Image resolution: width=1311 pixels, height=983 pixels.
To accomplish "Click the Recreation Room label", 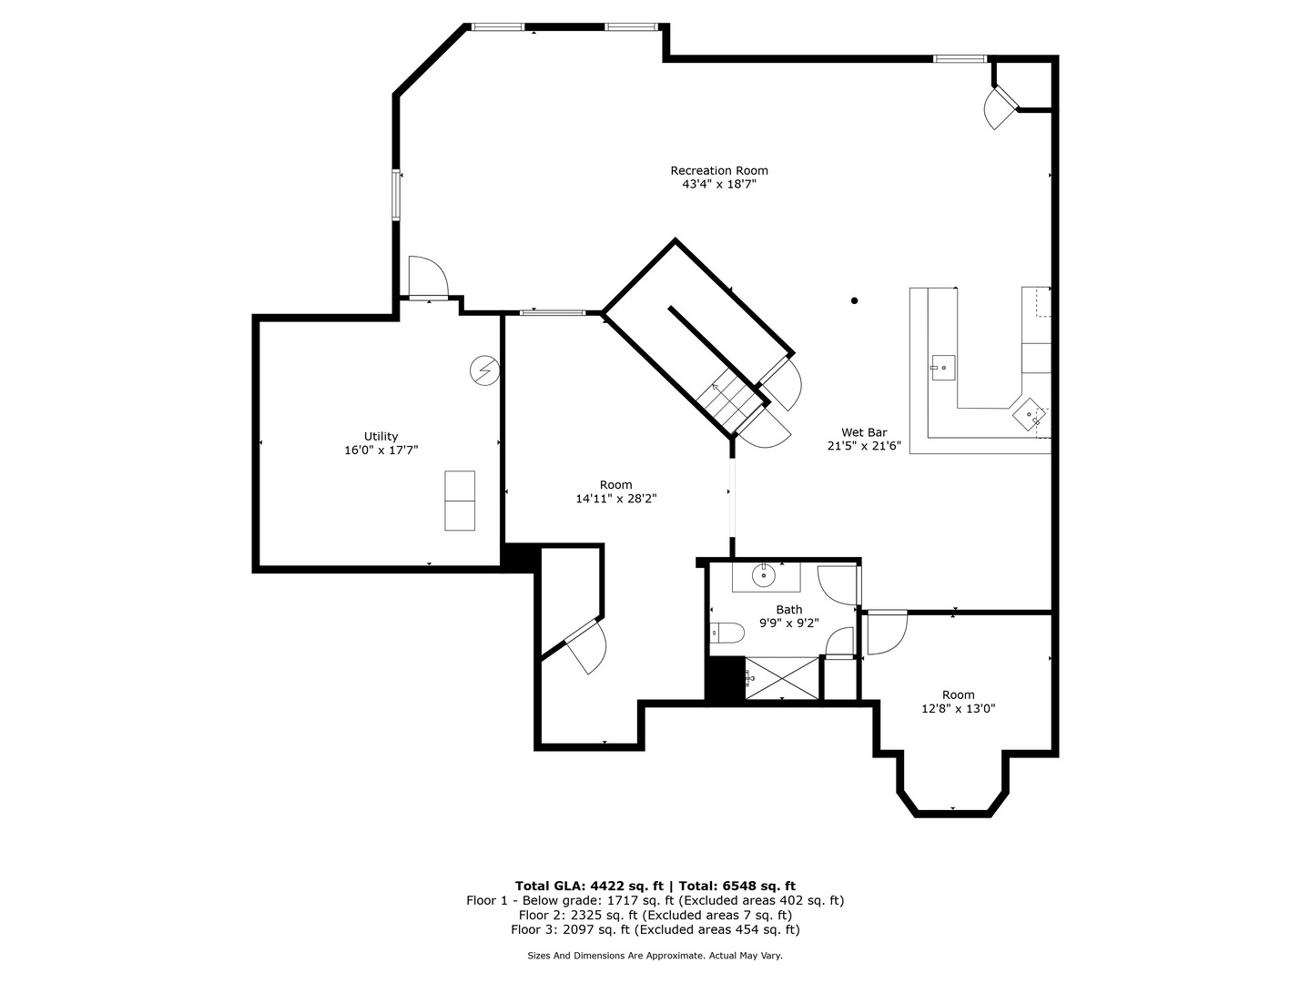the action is (719, 171).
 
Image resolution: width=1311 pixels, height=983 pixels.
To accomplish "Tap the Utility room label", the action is (381, 436).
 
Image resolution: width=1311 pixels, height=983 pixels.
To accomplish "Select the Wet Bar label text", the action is (864, 432).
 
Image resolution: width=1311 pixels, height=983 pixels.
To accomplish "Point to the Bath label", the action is (789, 610).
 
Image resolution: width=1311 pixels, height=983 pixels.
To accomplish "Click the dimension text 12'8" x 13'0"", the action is (959, 708).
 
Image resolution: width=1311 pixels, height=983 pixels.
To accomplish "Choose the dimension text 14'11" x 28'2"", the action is (615, 499).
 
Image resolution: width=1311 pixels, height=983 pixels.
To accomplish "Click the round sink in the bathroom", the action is (763, 576).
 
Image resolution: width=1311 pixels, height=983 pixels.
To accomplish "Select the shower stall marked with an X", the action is (782, 678).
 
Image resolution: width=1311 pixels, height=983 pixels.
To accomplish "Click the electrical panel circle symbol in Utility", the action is (484, 370).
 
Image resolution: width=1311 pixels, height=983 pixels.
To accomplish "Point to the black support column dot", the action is (854, 300).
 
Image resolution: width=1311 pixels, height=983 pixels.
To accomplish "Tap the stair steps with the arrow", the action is (733, 400).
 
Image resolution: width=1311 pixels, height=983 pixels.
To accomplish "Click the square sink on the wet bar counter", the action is (943, 368).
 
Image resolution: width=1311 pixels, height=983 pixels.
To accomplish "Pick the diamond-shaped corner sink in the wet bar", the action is (1029, 413).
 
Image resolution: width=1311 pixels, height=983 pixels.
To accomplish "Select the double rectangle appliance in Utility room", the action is (459, 501).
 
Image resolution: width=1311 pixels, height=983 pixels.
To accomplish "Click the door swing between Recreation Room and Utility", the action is (428, 276).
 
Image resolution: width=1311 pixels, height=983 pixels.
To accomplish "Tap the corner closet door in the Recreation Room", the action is (1001, 108).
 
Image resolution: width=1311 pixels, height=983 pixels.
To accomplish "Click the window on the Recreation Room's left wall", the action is (395, 195).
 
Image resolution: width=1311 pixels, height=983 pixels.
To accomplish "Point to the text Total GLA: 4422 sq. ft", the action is (589, 886).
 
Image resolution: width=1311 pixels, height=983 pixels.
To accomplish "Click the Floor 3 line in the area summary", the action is (655, 929).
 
